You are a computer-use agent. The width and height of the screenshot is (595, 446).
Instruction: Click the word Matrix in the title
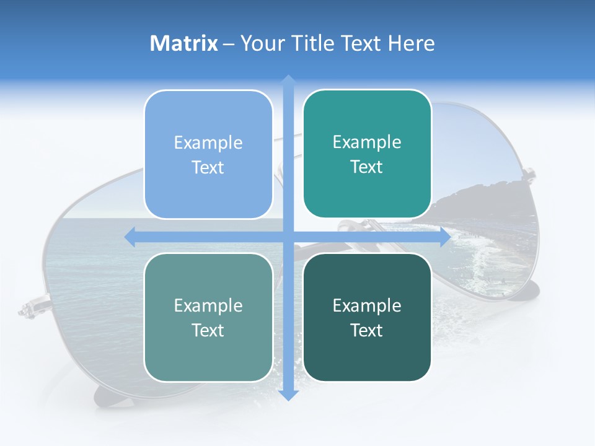point(184,43)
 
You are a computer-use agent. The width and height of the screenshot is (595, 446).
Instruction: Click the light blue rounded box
point(208,154)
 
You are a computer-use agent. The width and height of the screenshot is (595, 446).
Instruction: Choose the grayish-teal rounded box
point(208,317)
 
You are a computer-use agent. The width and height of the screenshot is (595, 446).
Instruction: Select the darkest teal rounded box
point(367,317)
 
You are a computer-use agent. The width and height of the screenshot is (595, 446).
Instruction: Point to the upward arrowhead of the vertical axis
point(288,81)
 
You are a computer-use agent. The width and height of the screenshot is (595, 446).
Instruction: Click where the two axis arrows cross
point(288,237)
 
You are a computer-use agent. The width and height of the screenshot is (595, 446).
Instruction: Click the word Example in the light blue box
point(208,143)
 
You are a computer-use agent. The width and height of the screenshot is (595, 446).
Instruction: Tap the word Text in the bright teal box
point(366,167)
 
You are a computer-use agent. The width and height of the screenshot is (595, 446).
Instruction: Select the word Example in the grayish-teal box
point(208,306)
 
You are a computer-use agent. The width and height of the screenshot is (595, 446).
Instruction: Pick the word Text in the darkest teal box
point(366,331)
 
